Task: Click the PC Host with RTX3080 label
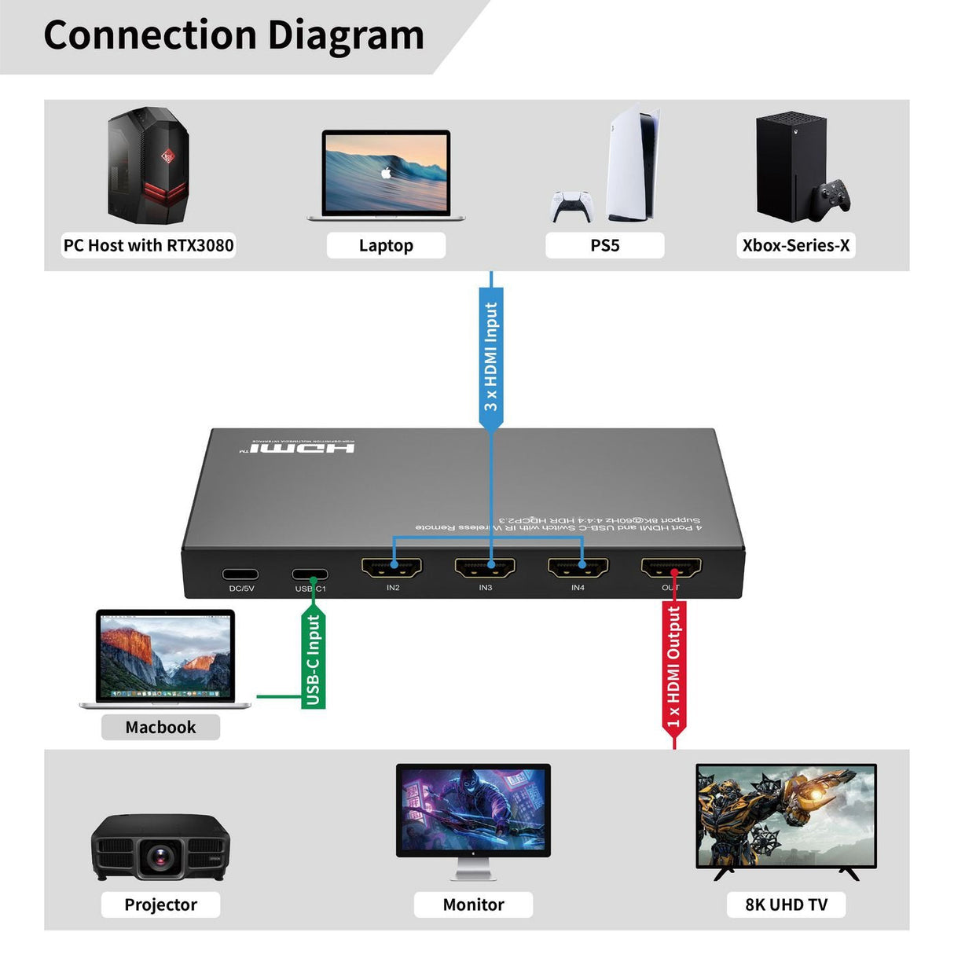tap(149, 245)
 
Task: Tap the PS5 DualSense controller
tap(571, 206)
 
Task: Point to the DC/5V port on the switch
tap(240, 574)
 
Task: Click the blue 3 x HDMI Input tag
tap(491, 358)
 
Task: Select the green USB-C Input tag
tap(314, 660)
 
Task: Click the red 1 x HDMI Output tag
tap(674, 668)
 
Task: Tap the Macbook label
tap(160, 727)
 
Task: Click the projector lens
tap(162, 856)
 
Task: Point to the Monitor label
tap(473, 904)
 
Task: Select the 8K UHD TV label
tap(786, 904)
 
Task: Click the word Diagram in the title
tap(345, 35)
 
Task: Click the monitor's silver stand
tap(473, 868)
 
